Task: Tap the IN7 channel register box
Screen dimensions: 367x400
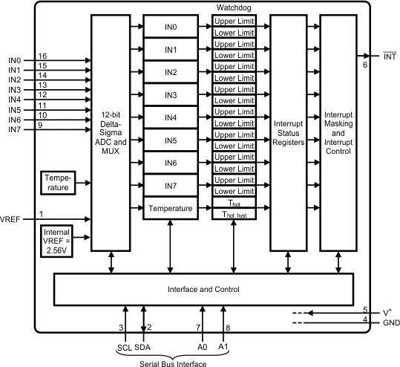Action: coord(171,185)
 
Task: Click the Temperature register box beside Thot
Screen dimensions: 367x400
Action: coord(171,209)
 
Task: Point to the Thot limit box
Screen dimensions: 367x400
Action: coord(235,203)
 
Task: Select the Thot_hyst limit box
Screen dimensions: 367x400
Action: coord(235,214)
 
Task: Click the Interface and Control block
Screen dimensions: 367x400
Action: coord(203,288)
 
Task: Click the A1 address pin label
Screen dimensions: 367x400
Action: coord(223,346)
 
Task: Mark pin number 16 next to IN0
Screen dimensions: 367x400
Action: coord(42,56)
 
